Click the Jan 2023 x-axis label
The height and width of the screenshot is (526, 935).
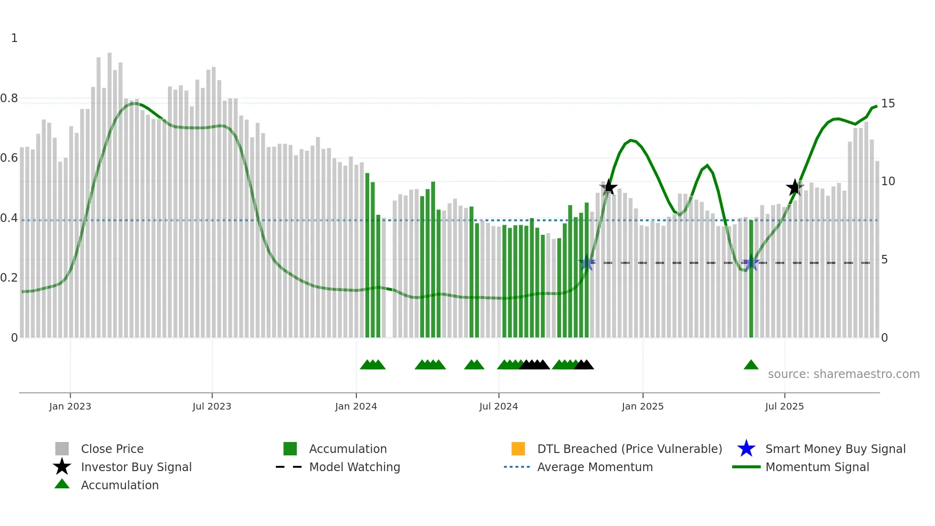point(70,406)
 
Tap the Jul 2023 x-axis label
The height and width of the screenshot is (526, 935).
point(212,406)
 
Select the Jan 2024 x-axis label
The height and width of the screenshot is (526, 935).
point(356,406)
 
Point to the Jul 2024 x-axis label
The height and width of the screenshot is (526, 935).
point(499,406)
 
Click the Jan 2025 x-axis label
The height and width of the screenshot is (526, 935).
point(643,406)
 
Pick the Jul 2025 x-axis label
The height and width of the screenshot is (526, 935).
point(784,406)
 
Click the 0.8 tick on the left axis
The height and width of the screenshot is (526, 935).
point(9,98)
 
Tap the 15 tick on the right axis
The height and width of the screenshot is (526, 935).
point(888,104)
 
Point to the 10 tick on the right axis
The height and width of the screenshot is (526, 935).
point(888,181)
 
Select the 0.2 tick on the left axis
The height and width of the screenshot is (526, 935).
point(9,278)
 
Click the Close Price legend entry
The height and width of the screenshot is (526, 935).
point(112,449)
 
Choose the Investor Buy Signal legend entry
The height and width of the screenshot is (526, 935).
point(136,467)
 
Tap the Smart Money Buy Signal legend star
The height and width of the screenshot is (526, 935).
point(746,449)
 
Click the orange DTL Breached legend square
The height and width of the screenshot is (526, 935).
point(518,449)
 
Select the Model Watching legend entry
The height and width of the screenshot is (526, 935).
point(354,467)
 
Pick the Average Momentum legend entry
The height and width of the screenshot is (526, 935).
point(595,467)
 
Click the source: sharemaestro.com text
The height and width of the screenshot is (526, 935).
point(843,374)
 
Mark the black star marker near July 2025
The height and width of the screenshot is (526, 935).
point(795,188)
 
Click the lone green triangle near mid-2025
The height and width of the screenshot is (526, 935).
point(751,365)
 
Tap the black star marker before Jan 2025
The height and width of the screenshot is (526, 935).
point(608,187)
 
